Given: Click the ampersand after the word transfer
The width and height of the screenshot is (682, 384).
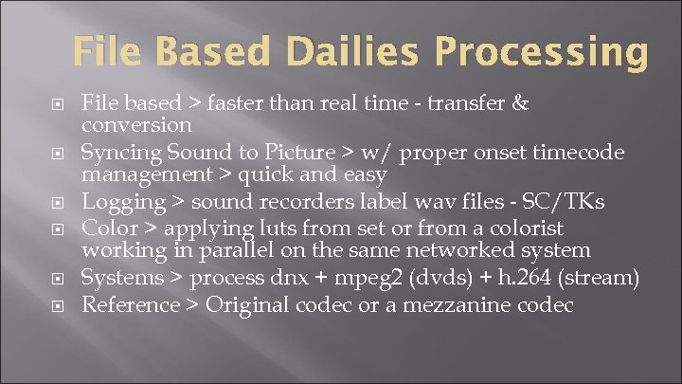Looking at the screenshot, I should coord(518,101).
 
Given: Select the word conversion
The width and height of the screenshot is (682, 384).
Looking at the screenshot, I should coord(137,126).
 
